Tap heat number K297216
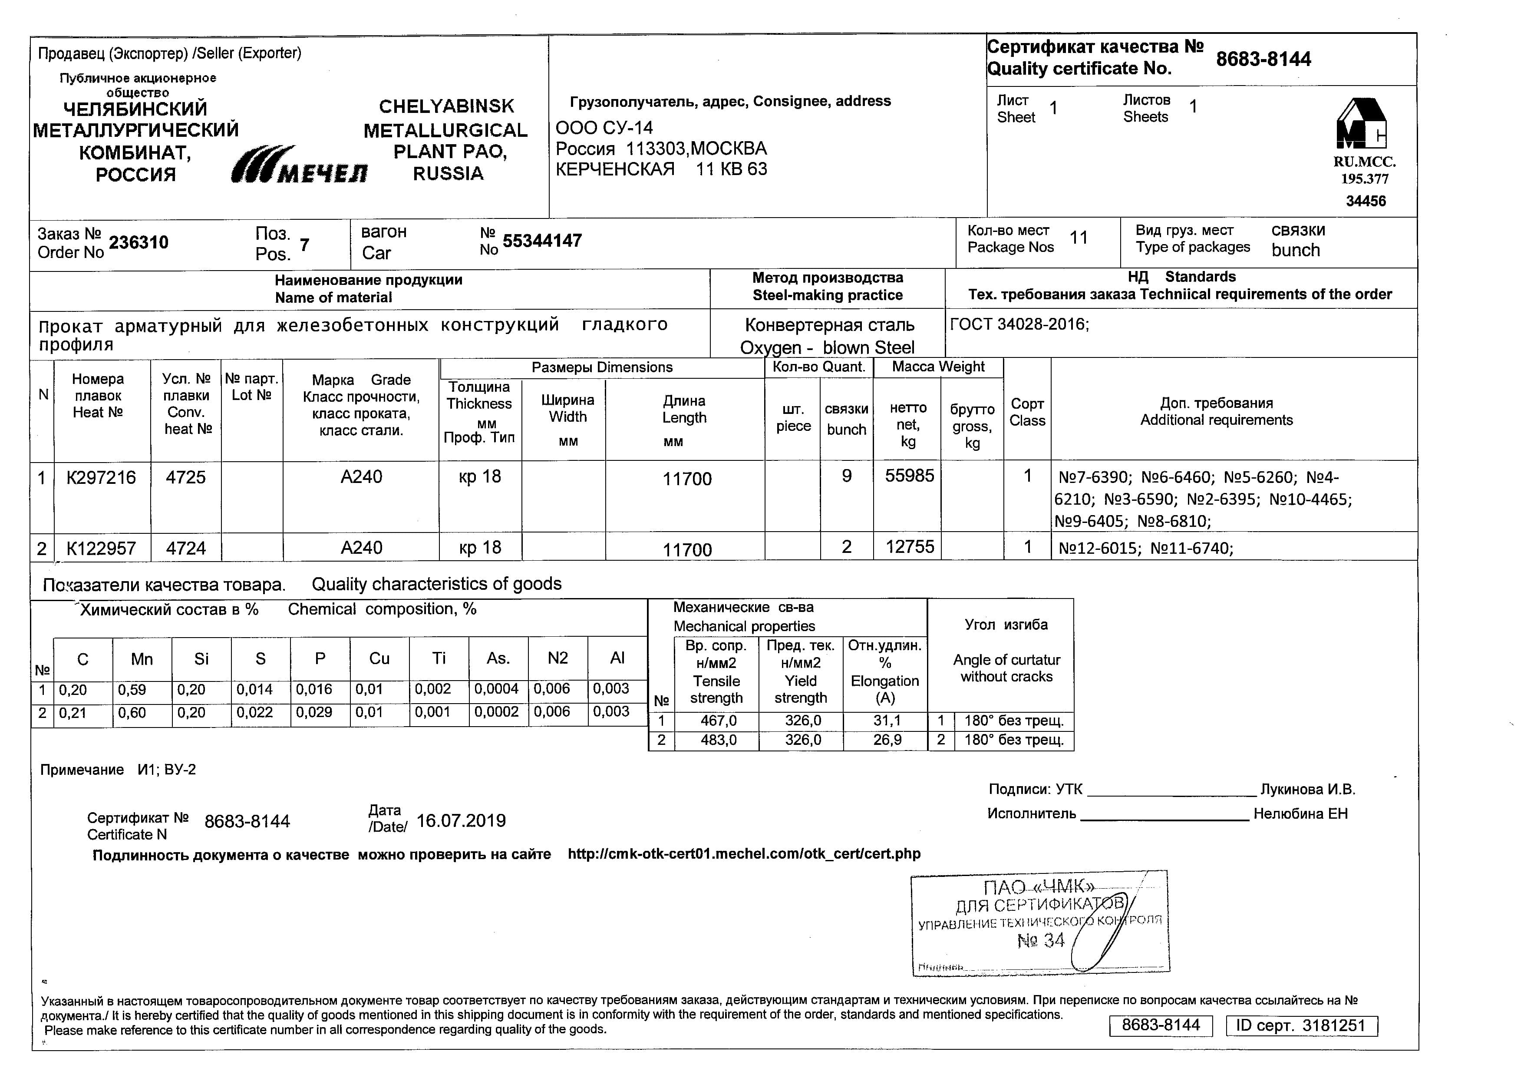coord(101,477)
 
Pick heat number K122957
coord(101,548)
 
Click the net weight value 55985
coord(909,476)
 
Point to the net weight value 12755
coord(909,547)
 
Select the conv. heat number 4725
coord(186,477)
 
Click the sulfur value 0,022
coord(254,712)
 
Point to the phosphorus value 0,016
coord(313,689)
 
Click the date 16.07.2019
coord(461,821)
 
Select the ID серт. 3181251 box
coord(1301,1025)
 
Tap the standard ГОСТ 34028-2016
coord(1019,324)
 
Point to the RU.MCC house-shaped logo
coord(1361,124)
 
